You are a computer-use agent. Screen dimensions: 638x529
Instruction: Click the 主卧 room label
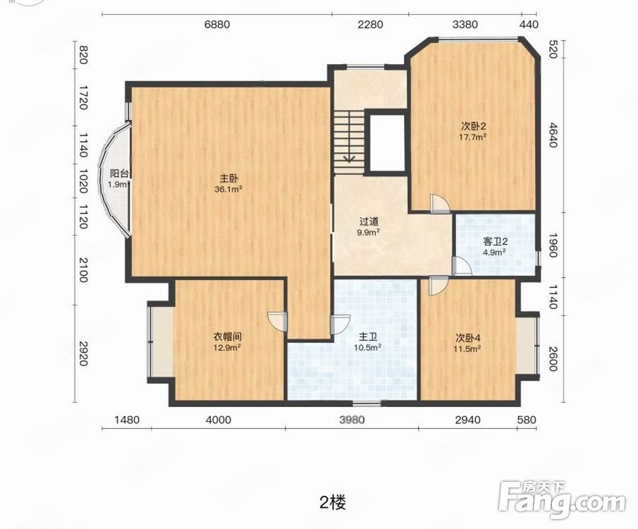228,178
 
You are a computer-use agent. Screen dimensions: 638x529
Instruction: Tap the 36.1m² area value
228,189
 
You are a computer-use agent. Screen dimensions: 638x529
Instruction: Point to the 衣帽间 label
228,336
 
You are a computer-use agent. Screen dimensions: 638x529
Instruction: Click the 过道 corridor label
369,222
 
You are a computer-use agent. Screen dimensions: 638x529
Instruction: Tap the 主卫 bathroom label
367,337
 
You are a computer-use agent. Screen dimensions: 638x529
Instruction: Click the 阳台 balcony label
119,174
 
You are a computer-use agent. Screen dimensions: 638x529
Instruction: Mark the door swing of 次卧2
440,204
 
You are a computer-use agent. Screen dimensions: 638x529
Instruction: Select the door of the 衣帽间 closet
278,322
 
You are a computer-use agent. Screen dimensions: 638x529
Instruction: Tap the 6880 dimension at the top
217,25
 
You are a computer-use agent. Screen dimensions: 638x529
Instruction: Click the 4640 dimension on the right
552,135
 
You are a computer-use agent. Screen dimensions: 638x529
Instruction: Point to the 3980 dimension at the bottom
352,420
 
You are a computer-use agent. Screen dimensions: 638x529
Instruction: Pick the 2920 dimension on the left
83,353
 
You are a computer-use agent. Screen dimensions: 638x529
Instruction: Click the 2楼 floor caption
333,503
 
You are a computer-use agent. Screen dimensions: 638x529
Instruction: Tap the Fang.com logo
562,499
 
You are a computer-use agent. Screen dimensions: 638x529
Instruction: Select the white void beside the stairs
386,142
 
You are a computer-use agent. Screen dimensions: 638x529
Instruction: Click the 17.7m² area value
473,137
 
